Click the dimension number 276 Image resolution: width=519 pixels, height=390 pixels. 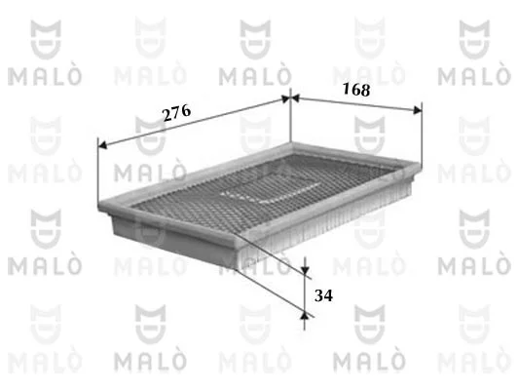177,113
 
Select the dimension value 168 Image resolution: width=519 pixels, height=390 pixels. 356,89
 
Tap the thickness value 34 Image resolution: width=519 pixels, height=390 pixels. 323,295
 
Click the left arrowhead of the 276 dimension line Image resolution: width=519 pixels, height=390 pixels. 103,145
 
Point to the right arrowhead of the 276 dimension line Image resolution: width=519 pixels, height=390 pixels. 285,98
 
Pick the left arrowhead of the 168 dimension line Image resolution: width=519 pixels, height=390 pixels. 295,98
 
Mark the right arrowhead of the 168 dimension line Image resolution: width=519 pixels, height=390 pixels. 418,110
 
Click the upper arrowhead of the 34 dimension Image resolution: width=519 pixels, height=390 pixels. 305,270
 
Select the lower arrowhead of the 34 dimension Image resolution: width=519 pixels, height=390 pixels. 305,315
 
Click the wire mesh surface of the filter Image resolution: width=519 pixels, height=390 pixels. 265,189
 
